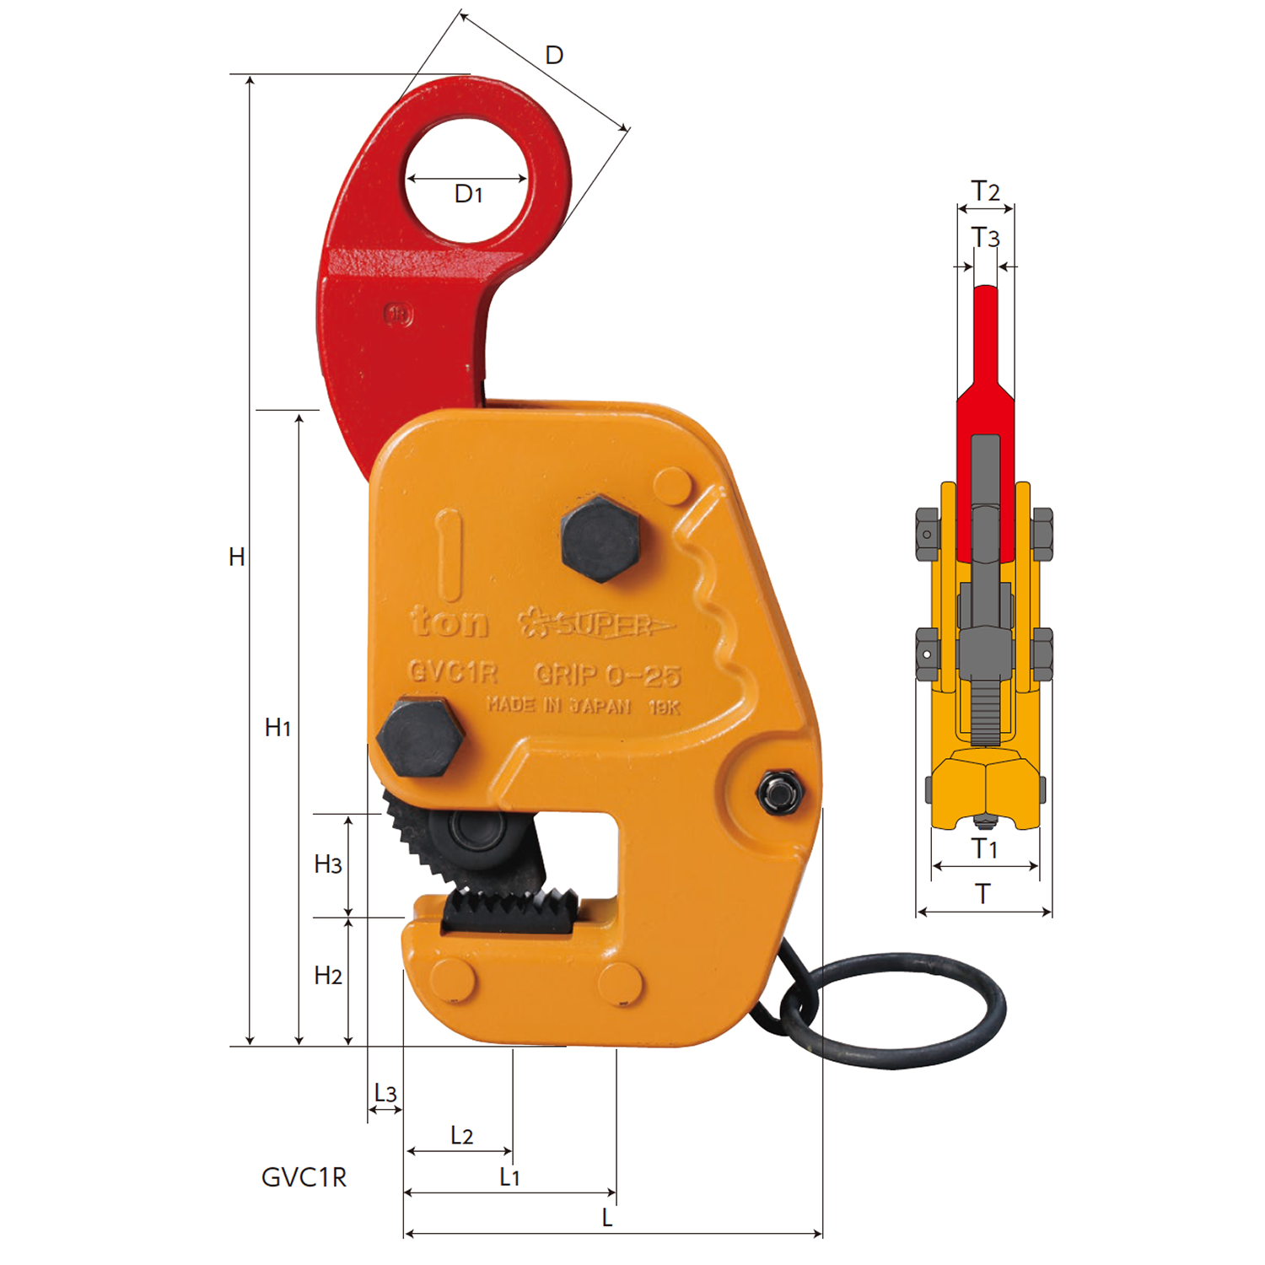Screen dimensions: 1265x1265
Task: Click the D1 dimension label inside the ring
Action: coord(468,195)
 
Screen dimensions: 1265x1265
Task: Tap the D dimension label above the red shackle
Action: coord(554,56)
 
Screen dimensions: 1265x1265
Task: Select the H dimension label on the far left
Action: coord(237,557)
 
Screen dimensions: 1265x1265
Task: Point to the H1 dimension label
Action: coord(277,727)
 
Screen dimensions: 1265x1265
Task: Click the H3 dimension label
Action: coord(328,864)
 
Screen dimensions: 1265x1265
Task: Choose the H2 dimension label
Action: coord(328,976)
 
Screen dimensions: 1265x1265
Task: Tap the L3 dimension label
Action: coord(385,1093)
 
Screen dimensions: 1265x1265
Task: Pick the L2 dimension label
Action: coord(461,1135)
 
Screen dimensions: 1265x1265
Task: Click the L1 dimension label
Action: coord(509,1176)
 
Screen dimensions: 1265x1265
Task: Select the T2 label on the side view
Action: coord(985,191)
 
